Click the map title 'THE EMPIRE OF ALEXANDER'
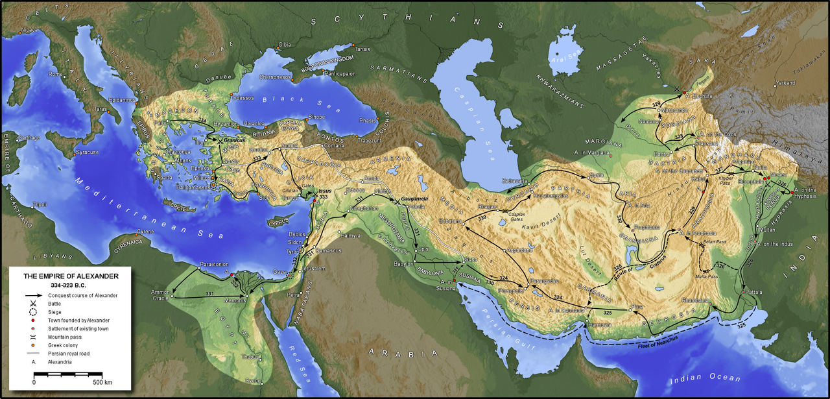coord(71,276)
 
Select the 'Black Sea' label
coord(289,101)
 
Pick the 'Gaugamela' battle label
coord(416,196)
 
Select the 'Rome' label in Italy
coord(56,74)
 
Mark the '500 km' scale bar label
coord(102,382)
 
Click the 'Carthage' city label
coord(28,138)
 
